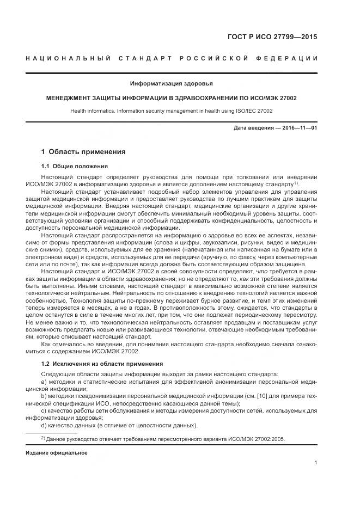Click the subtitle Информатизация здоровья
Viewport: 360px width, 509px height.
172,83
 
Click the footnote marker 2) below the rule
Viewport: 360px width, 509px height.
43,438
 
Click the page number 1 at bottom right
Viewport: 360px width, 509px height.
316,463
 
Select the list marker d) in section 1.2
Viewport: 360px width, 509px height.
44,425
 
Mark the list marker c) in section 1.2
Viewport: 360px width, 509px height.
44,410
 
